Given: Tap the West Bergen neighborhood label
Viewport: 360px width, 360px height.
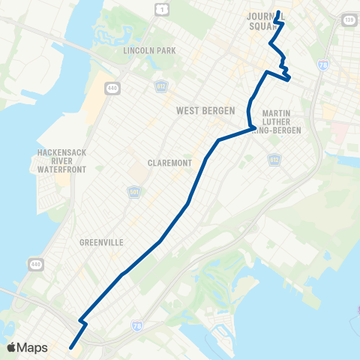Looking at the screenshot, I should (202, 110).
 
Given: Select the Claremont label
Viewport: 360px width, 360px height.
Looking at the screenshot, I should (166, 163).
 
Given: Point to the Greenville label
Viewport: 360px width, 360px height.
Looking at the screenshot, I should (100, 242).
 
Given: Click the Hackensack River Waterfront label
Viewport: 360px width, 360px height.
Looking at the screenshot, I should (63, 160).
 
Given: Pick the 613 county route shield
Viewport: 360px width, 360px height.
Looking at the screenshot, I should (274, 159).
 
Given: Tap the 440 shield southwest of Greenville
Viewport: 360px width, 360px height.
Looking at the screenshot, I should (36, 265).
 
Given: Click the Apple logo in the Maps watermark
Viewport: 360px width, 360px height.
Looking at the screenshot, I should (12, 347).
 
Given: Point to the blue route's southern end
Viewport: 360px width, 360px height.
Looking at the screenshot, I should (72, 346).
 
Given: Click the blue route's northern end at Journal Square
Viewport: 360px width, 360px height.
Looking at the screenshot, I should (278, 12).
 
